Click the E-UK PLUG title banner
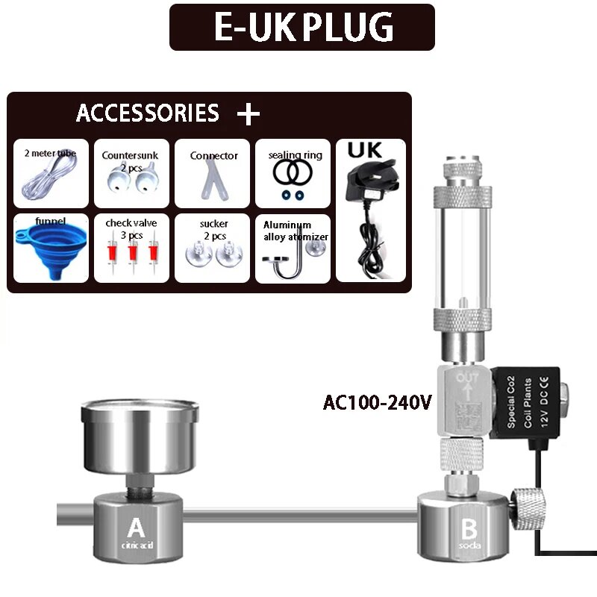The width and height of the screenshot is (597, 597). (x=301, y=27)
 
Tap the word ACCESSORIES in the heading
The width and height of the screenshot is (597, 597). (x=148, y=113)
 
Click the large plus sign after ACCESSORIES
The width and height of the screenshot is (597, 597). (x=248, y=114)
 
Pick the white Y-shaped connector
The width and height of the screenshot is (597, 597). (x=212, y=180)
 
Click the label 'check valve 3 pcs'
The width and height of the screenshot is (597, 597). (x=131, y=228)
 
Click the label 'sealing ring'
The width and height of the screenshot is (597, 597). (x=295, y=155)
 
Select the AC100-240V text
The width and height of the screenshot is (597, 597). (x=378, y=403)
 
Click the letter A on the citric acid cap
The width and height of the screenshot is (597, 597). (x=135, y=528)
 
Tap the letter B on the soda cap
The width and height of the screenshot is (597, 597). (x=469, y=529)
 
